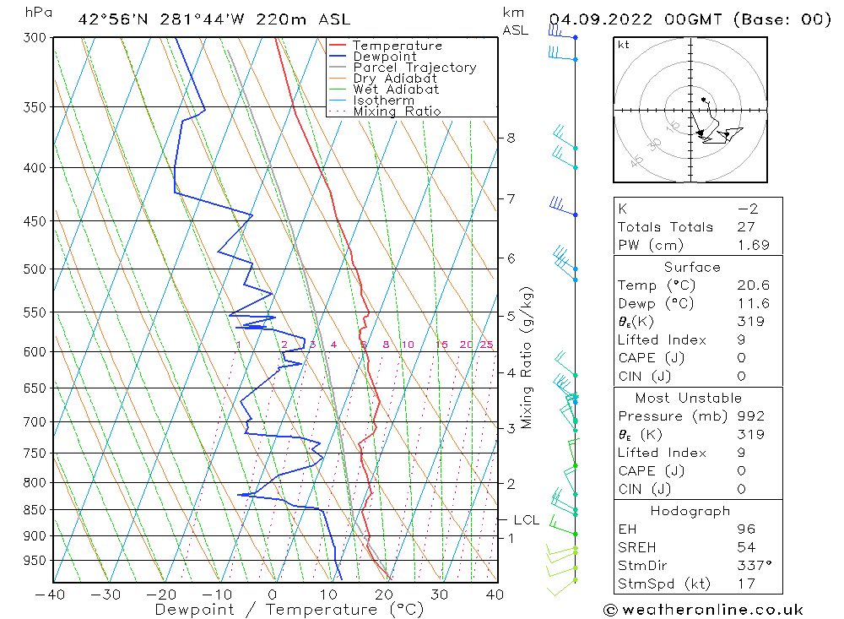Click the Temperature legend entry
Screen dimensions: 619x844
point(397,46)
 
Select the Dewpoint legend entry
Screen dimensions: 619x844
point(384,57)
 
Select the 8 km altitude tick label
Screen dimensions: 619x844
point(511,138)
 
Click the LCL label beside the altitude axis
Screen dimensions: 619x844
point(526,520)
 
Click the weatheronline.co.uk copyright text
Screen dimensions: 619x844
point(703,610)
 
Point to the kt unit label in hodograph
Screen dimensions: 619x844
point(623,45)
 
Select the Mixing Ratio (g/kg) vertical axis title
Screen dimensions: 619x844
point(527,358)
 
